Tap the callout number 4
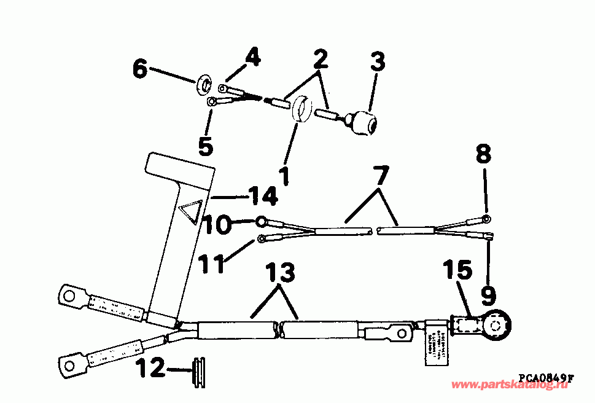(252, 60)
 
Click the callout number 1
(283, 175)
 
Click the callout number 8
(484, 154)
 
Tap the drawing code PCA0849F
(545, 378)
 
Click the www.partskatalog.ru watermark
(510, 386)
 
